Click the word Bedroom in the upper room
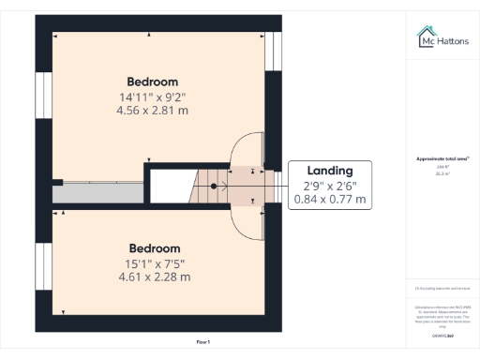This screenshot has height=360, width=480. coord(152,82)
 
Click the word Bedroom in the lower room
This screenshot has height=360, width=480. coord(154,247)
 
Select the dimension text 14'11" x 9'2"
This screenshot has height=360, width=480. coord(152,96)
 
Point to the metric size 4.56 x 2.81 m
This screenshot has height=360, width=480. coord(152,110)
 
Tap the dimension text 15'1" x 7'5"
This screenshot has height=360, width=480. coord(154,262)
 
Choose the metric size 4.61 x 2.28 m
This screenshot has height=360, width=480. coord(154,277)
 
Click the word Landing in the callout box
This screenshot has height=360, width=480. coord(330,171)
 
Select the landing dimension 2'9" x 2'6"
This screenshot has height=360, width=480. coord(330,186)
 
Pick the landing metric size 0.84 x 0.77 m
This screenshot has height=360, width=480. coord(330,200)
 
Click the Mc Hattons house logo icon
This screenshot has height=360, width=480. coord(425,37)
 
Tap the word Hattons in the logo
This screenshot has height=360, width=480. coord(452,41)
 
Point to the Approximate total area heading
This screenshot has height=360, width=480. coord(443,159)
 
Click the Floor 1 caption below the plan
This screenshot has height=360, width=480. coord(203,341)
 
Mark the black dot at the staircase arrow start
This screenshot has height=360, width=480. coord(214,186)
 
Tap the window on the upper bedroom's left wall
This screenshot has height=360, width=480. coord(43,96)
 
